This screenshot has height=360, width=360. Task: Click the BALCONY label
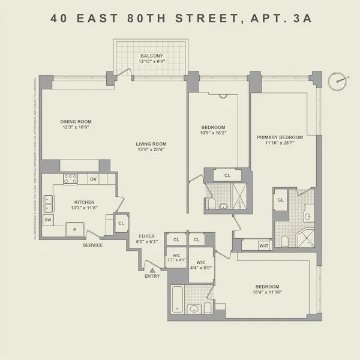[152, 56]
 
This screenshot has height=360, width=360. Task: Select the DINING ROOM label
[76, 122]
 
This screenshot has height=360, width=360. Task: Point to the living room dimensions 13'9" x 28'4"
[151, 150]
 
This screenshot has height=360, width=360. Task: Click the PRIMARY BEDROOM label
[280, 137]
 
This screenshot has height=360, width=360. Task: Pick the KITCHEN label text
[84, 202]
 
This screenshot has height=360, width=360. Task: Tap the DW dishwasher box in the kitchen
[48, 221]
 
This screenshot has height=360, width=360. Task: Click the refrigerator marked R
[74, 229]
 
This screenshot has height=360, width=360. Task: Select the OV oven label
[93, 179]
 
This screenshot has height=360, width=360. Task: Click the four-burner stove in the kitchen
[71, 179]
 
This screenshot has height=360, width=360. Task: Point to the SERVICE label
[93, 245]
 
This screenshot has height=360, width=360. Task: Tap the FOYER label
[148, 236]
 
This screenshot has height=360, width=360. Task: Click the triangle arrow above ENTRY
[152, 270]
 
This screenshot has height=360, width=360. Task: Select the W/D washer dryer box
[263, 245]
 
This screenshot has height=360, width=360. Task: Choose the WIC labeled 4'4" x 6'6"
[200, 265]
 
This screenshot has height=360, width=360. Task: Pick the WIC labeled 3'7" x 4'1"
[176, 258]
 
